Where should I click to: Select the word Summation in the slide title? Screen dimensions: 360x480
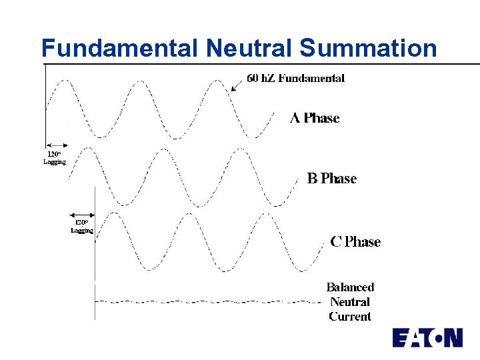368,48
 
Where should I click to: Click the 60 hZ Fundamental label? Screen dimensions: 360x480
295,78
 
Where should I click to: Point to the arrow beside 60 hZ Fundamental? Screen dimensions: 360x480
235,85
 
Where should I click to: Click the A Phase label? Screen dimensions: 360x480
315,118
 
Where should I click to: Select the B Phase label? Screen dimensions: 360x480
331,179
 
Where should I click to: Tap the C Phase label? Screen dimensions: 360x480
355,242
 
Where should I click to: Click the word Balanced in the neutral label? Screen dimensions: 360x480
350,287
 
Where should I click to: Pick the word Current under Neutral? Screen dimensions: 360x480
350,317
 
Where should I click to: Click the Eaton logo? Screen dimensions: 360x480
427,337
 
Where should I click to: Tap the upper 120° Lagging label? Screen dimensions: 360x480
55,157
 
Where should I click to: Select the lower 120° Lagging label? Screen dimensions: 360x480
82,226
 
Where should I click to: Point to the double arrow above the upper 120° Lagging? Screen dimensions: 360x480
57,145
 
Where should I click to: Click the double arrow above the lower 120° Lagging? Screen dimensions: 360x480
83,215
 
